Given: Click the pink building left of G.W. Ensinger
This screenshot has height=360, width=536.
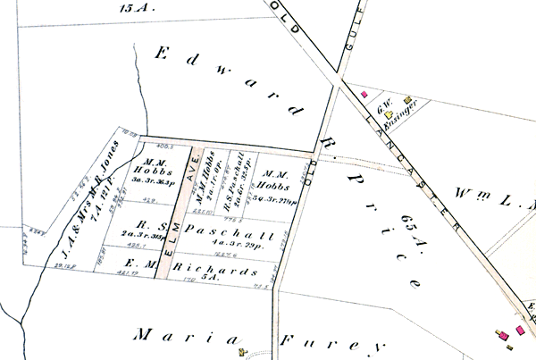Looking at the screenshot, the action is (364, 92).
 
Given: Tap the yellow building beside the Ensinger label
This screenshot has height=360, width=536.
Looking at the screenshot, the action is (407, 101).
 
